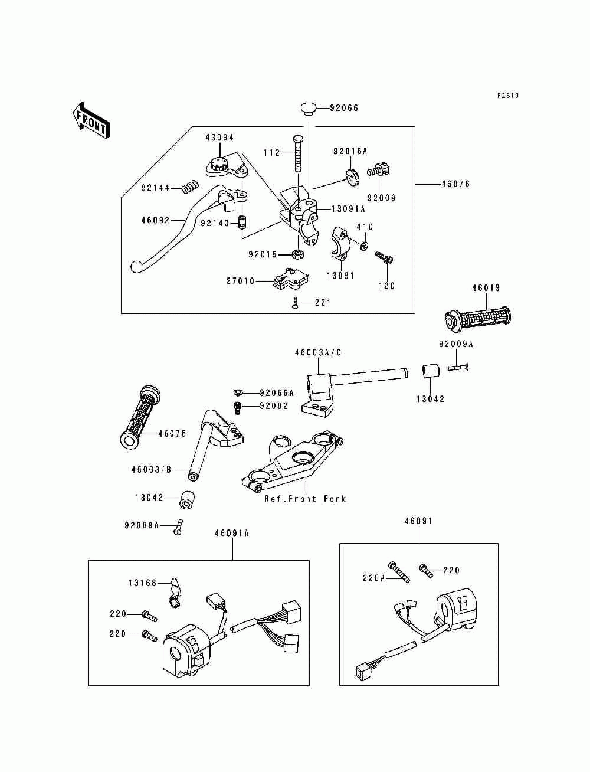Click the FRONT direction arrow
91,120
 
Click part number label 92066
343,108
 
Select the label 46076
455,184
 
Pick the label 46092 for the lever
155,221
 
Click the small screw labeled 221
296,302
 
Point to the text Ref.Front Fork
305,498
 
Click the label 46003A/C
318,353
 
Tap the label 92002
274,406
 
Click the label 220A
373,578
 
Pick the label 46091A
232,533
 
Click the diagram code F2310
507,95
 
